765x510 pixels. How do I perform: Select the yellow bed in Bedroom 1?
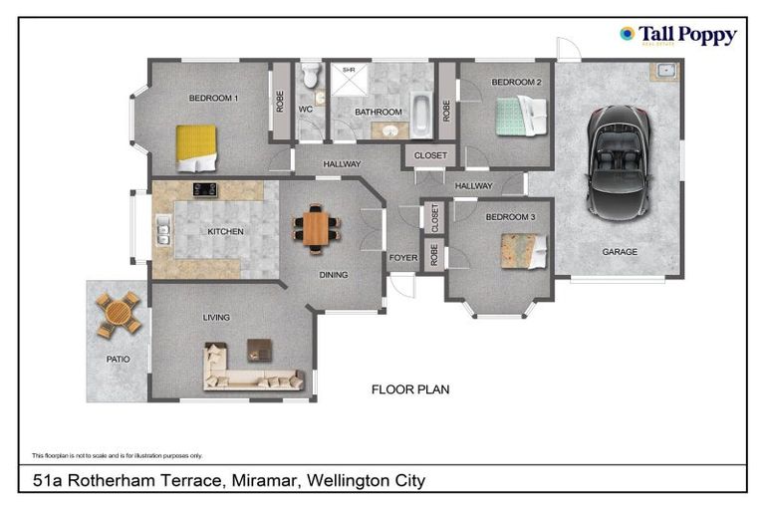point(197,146)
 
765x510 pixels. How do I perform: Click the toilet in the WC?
point(310,75)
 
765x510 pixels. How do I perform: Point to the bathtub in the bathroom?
point(421,114)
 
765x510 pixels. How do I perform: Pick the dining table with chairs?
point(316,228)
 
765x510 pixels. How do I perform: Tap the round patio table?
point(120,312)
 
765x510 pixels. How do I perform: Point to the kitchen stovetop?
point(205,189)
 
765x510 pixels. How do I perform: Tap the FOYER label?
point(402,257)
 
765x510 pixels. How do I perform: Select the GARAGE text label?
point(619,252)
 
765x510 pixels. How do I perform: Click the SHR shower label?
point(349,71)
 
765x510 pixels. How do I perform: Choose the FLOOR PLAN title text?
point(410,389)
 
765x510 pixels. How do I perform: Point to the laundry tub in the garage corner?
point(664,72)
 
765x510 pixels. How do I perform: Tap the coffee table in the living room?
point(261,350)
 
